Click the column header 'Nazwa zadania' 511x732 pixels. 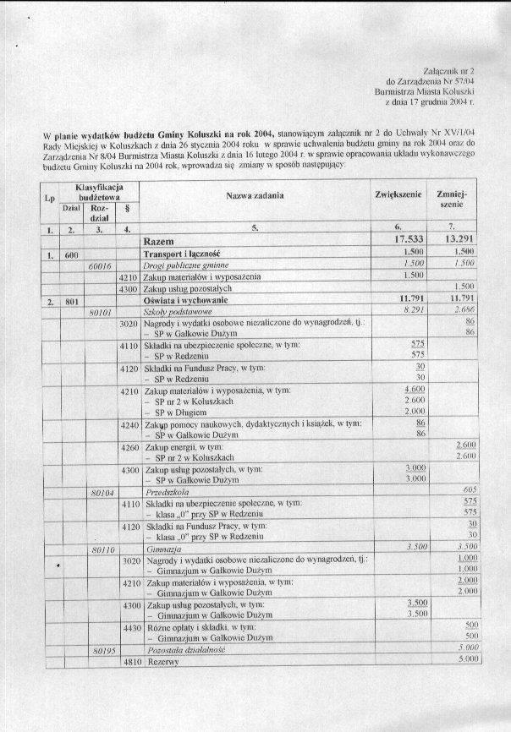(x=255, y=195)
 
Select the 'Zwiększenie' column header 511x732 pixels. (x=398, y=194)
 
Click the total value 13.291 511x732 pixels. (x=461, y=240)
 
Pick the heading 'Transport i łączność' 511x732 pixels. (x=182, y=253)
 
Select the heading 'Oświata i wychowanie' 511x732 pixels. (x=184, y=300)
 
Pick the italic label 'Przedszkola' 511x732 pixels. (x=169, y=490)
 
